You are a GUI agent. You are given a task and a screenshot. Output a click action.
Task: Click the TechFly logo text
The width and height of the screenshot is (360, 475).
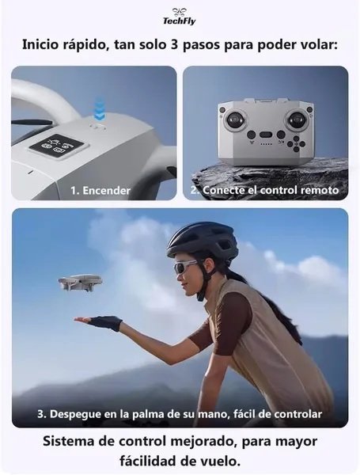click(180, 21)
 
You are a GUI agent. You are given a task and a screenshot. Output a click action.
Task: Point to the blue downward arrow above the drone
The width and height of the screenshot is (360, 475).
click(100, 109)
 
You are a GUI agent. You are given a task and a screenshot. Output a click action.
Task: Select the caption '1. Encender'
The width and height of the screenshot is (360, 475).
click(100, 191)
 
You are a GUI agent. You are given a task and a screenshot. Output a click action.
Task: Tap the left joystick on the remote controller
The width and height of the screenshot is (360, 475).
click(235, 120)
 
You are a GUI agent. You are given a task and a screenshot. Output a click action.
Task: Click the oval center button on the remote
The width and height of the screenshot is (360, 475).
click(266, 135)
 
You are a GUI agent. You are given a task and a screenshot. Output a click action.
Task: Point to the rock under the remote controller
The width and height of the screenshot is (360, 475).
click(269, 179)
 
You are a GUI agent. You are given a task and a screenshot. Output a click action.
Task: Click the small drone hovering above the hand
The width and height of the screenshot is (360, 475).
click(80, 282)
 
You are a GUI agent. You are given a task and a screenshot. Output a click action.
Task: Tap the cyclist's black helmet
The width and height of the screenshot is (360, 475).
click(203, 240)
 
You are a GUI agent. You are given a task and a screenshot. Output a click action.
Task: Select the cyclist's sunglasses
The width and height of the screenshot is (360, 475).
click(185, 267)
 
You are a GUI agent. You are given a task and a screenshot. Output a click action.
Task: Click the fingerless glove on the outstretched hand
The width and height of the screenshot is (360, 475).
click(105, 323)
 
